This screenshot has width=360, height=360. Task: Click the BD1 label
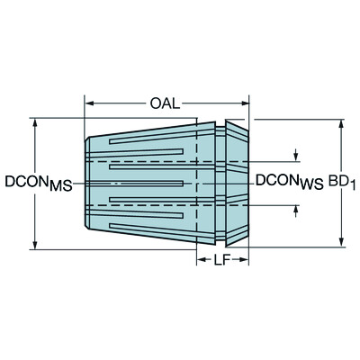point(338,181)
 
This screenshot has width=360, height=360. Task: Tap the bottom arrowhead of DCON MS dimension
point(34,243)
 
